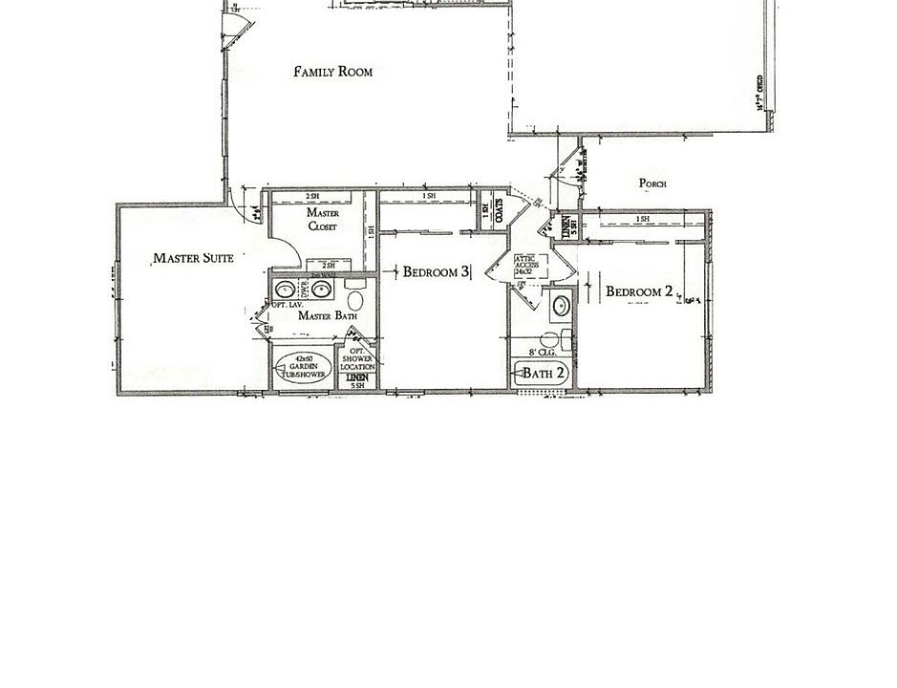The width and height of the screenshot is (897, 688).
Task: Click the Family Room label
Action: [x=332, y=72]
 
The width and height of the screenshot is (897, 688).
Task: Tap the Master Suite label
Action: [x=193, y=258]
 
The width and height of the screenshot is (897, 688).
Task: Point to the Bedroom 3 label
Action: [x=436, y=271]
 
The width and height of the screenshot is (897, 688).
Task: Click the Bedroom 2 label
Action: [x=640, y=291]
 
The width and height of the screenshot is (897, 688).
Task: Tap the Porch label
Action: [x=652, y=183]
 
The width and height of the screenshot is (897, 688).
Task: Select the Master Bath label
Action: [x=327, y=316]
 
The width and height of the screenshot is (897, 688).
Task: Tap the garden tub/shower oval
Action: [x=303, y=370]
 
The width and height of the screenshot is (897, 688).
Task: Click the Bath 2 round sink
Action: [x=562, y=306]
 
